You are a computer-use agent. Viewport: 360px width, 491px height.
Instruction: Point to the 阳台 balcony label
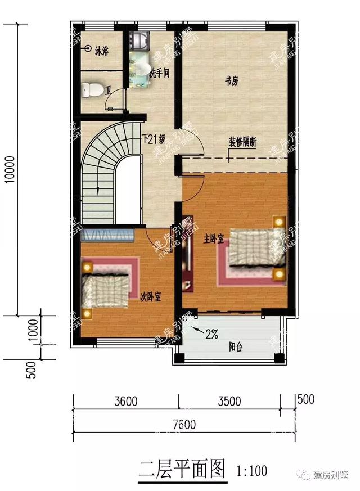pyautogui.click(x=236, y=347)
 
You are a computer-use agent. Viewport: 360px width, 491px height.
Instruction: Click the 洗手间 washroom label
pyautogui.click(x=159, y=73)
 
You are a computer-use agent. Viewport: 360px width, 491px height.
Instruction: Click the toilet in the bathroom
pyautogui.click(x=92, y=89)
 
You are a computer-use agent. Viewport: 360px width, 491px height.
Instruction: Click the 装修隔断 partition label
pyautogui.click(x=242, y=142)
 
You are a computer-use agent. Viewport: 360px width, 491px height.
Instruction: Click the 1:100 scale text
pyautogui.click(x=249, y=470)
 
